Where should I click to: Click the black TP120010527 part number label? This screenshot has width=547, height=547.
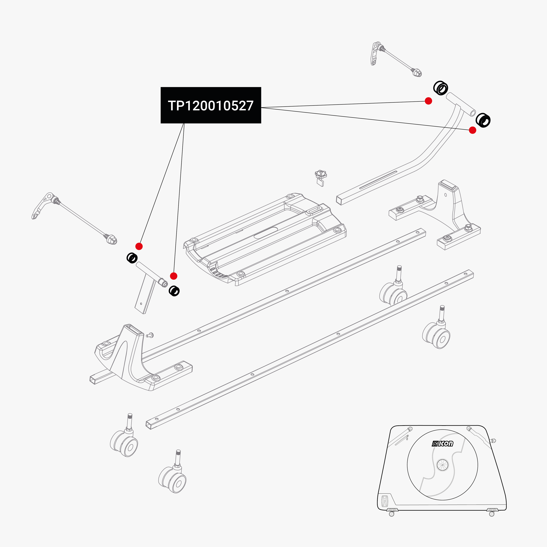click(x=211, y=105)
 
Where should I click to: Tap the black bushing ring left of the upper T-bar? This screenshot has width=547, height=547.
click(x=441, y=88)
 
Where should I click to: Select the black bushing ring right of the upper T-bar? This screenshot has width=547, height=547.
click(x=483, y=120)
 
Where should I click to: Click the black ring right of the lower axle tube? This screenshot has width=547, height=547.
click(x=174, y=291)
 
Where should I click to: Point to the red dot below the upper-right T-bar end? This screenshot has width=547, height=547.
click(x=472, y=130)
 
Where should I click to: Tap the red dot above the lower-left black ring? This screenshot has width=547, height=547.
click(x=139, y=246)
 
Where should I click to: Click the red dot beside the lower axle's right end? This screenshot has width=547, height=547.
click(x=173, y=276)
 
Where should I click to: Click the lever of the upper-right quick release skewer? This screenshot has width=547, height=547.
click(x=375, y=54)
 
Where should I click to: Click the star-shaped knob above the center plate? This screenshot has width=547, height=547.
click(x=321, y=174)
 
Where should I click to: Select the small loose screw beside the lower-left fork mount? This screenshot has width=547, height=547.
click(x=150, y=335)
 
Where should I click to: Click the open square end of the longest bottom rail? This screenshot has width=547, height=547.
click(x=149, y=425)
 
